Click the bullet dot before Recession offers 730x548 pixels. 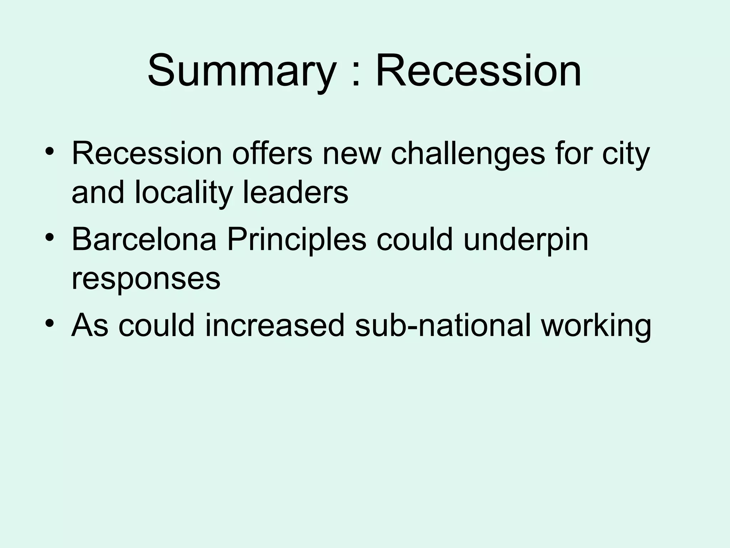coord(50,152)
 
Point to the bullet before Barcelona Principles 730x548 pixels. coord(50,237)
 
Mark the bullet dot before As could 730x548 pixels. coord(50,323)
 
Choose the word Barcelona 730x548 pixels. coord(144,239)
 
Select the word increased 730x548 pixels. coord(275,325)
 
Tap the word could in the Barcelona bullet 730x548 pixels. coord(415,239)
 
